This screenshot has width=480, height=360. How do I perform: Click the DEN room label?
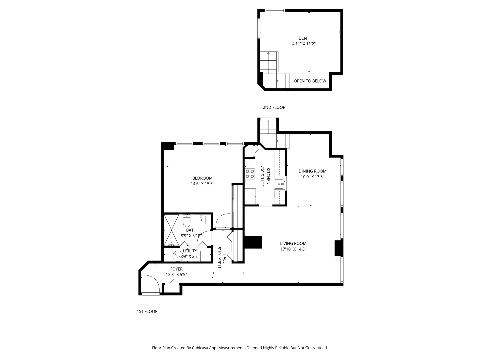point(303,38)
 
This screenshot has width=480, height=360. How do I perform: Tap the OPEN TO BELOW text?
point(310,81)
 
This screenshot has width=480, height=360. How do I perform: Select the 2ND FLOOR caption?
point(274,107)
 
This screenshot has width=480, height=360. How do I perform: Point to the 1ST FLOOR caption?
point(147,311)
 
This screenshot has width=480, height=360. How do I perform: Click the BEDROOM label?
point(202,178)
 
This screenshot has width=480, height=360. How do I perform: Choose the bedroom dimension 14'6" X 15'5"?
point(202,184)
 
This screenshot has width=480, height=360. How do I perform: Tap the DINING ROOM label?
point(312,171)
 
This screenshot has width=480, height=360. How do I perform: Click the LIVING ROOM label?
point(293,243)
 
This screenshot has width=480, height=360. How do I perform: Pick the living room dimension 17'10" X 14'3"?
point(293,249)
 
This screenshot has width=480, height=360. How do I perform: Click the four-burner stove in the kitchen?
point(250,174)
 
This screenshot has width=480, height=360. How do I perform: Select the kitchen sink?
point(279,184)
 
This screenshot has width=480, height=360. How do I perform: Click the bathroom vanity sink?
point(201,220)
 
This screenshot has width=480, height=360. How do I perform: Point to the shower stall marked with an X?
point(172,230)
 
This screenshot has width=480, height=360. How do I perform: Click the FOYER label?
point(176,269)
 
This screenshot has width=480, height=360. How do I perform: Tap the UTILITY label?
point(190,251)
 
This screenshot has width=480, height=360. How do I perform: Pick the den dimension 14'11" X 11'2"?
point(303,44)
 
